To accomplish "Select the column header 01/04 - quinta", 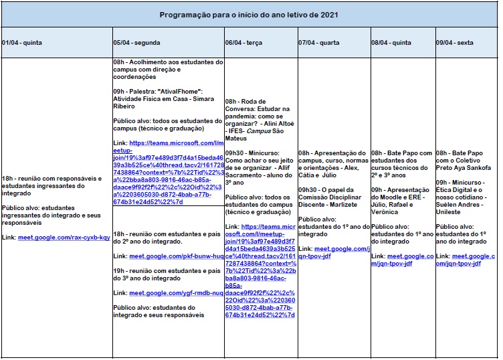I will pyautogui.click(x=22, y=42).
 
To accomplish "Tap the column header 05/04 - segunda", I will pyautogui.click(x=137, y=42).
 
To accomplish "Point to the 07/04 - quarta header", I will pyautogui.click(x=319, y=42).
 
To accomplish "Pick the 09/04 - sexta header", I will pyautogui.click(x=455, y=42).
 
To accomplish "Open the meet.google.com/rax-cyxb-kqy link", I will pyautogui.click(x=64, y=238).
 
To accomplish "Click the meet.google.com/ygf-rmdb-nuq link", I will pyautogui.click(x=177, y=292).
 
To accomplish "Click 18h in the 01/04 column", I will pyautogui.click(x=8, y=179).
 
